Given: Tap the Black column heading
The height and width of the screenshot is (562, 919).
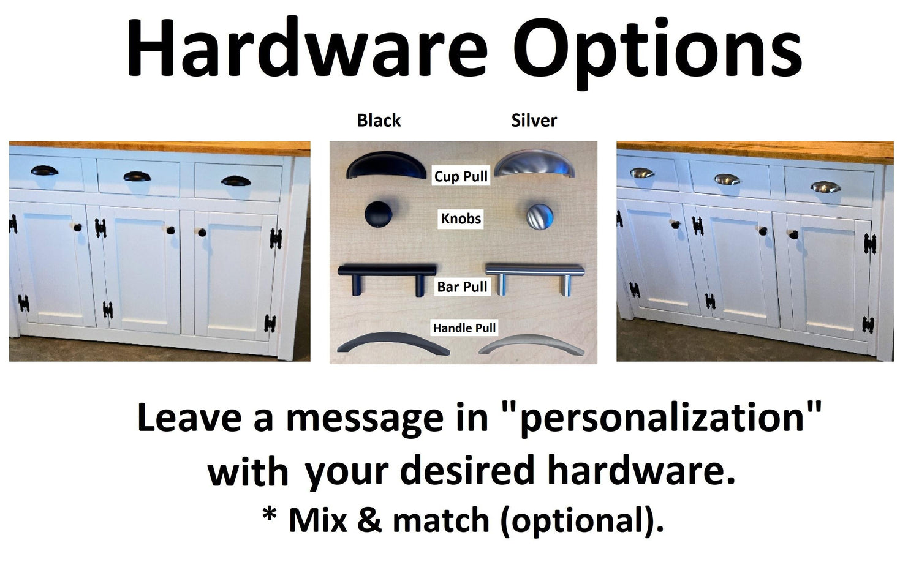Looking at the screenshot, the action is click(379, 121).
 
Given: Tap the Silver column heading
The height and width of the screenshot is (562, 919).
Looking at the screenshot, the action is click(534, 121).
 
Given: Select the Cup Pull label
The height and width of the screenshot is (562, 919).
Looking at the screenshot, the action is click(461, 176).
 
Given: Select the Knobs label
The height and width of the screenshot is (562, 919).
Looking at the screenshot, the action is click(461, 219).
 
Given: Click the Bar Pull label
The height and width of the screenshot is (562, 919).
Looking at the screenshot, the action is click(462, 287).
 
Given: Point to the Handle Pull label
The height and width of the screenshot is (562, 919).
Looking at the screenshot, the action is click(464, 328).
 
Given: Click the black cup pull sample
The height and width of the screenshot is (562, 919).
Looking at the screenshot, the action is click(381, 164).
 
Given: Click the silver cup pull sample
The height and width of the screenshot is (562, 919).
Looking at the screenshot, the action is click(534, 162).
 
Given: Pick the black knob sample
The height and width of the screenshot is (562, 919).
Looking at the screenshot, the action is click(378, 214).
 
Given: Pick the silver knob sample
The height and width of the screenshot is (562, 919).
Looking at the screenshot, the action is click(540, 217).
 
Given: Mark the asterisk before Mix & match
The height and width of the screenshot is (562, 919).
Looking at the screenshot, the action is click(270, 513).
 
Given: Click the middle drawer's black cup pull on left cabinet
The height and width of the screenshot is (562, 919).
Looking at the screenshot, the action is click(137, 177).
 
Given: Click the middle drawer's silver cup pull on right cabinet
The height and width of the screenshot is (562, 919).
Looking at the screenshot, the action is click(727, 179).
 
